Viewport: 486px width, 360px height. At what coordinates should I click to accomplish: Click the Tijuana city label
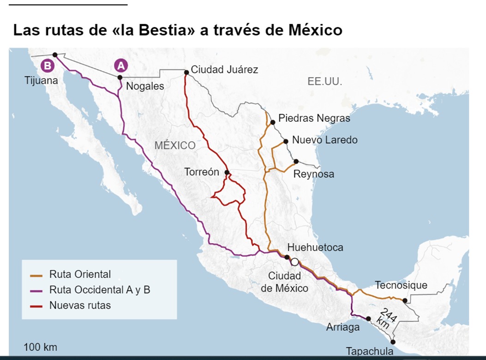tap(42, 81)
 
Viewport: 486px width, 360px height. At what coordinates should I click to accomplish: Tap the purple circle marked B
tap(47, 66)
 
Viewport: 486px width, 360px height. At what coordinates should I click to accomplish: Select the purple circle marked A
tap(121, 66)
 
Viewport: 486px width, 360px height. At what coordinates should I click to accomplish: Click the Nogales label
tap(145, 86)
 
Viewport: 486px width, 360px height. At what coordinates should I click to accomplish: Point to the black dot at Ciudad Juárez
tap(186, 72)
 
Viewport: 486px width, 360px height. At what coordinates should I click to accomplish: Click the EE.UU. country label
tap(325, 82)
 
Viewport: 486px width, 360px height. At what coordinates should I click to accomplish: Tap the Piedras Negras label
tap(314, 118)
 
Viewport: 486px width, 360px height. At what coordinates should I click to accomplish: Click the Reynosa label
tap(314, 174)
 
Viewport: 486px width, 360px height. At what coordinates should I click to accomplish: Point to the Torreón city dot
tap(227, 173)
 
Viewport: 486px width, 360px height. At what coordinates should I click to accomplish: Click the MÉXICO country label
tap(175, 145)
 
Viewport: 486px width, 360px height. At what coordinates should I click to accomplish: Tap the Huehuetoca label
tap(315, 247)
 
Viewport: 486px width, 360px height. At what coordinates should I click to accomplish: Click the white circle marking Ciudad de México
tap(294, 262)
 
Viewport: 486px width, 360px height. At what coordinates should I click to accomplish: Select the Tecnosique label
tap(401, 285)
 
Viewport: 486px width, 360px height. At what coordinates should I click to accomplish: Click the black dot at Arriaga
tap(368, 318)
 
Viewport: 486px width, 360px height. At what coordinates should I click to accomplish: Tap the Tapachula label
tap(370, 351)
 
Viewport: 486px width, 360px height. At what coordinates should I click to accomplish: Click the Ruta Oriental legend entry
tap(80, 274)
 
